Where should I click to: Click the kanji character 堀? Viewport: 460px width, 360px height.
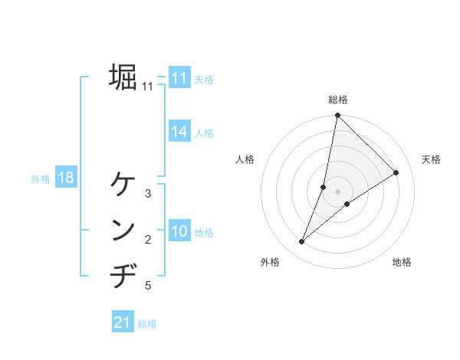point(123,77)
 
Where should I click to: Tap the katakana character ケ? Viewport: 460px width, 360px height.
point(123,184)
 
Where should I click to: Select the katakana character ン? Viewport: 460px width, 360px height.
point(123,230)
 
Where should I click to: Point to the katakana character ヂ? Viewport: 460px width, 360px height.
point(123,275)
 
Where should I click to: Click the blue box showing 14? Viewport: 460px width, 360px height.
point(179,132)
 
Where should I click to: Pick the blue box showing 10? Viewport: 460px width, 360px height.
point(179,231)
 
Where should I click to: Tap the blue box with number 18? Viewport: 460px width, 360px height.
point(66,178)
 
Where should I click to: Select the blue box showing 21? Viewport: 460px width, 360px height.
point(123,322)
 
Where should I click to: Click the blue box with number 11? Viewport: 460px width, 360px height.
point(179,78)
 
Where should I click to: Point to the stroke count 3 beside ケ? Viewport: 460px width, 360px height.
point(148,194)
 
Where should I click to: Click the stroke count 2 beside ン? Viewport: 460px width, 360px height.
point(148,241)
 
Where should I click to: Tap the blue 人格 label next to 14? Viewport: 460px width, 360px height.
point(204,133)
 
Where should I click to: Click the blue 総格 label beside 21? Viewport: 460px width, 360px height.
point(147,324)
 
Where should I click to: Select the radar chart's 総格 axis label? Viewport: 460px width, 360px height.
point(338,100)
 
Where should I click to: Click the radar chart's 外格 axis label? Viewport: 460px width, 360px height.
point(270,262)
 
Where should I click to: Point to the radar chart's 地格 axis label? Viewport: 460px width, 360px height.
point(402,262)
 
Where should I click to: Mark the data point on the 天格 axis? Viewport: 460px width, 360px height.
point(396,172)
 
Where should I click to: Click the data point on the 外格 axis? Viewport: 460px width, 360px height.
point(302,242)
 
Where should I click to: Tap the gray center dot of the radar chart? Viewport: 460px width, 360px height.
point(338,191)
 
